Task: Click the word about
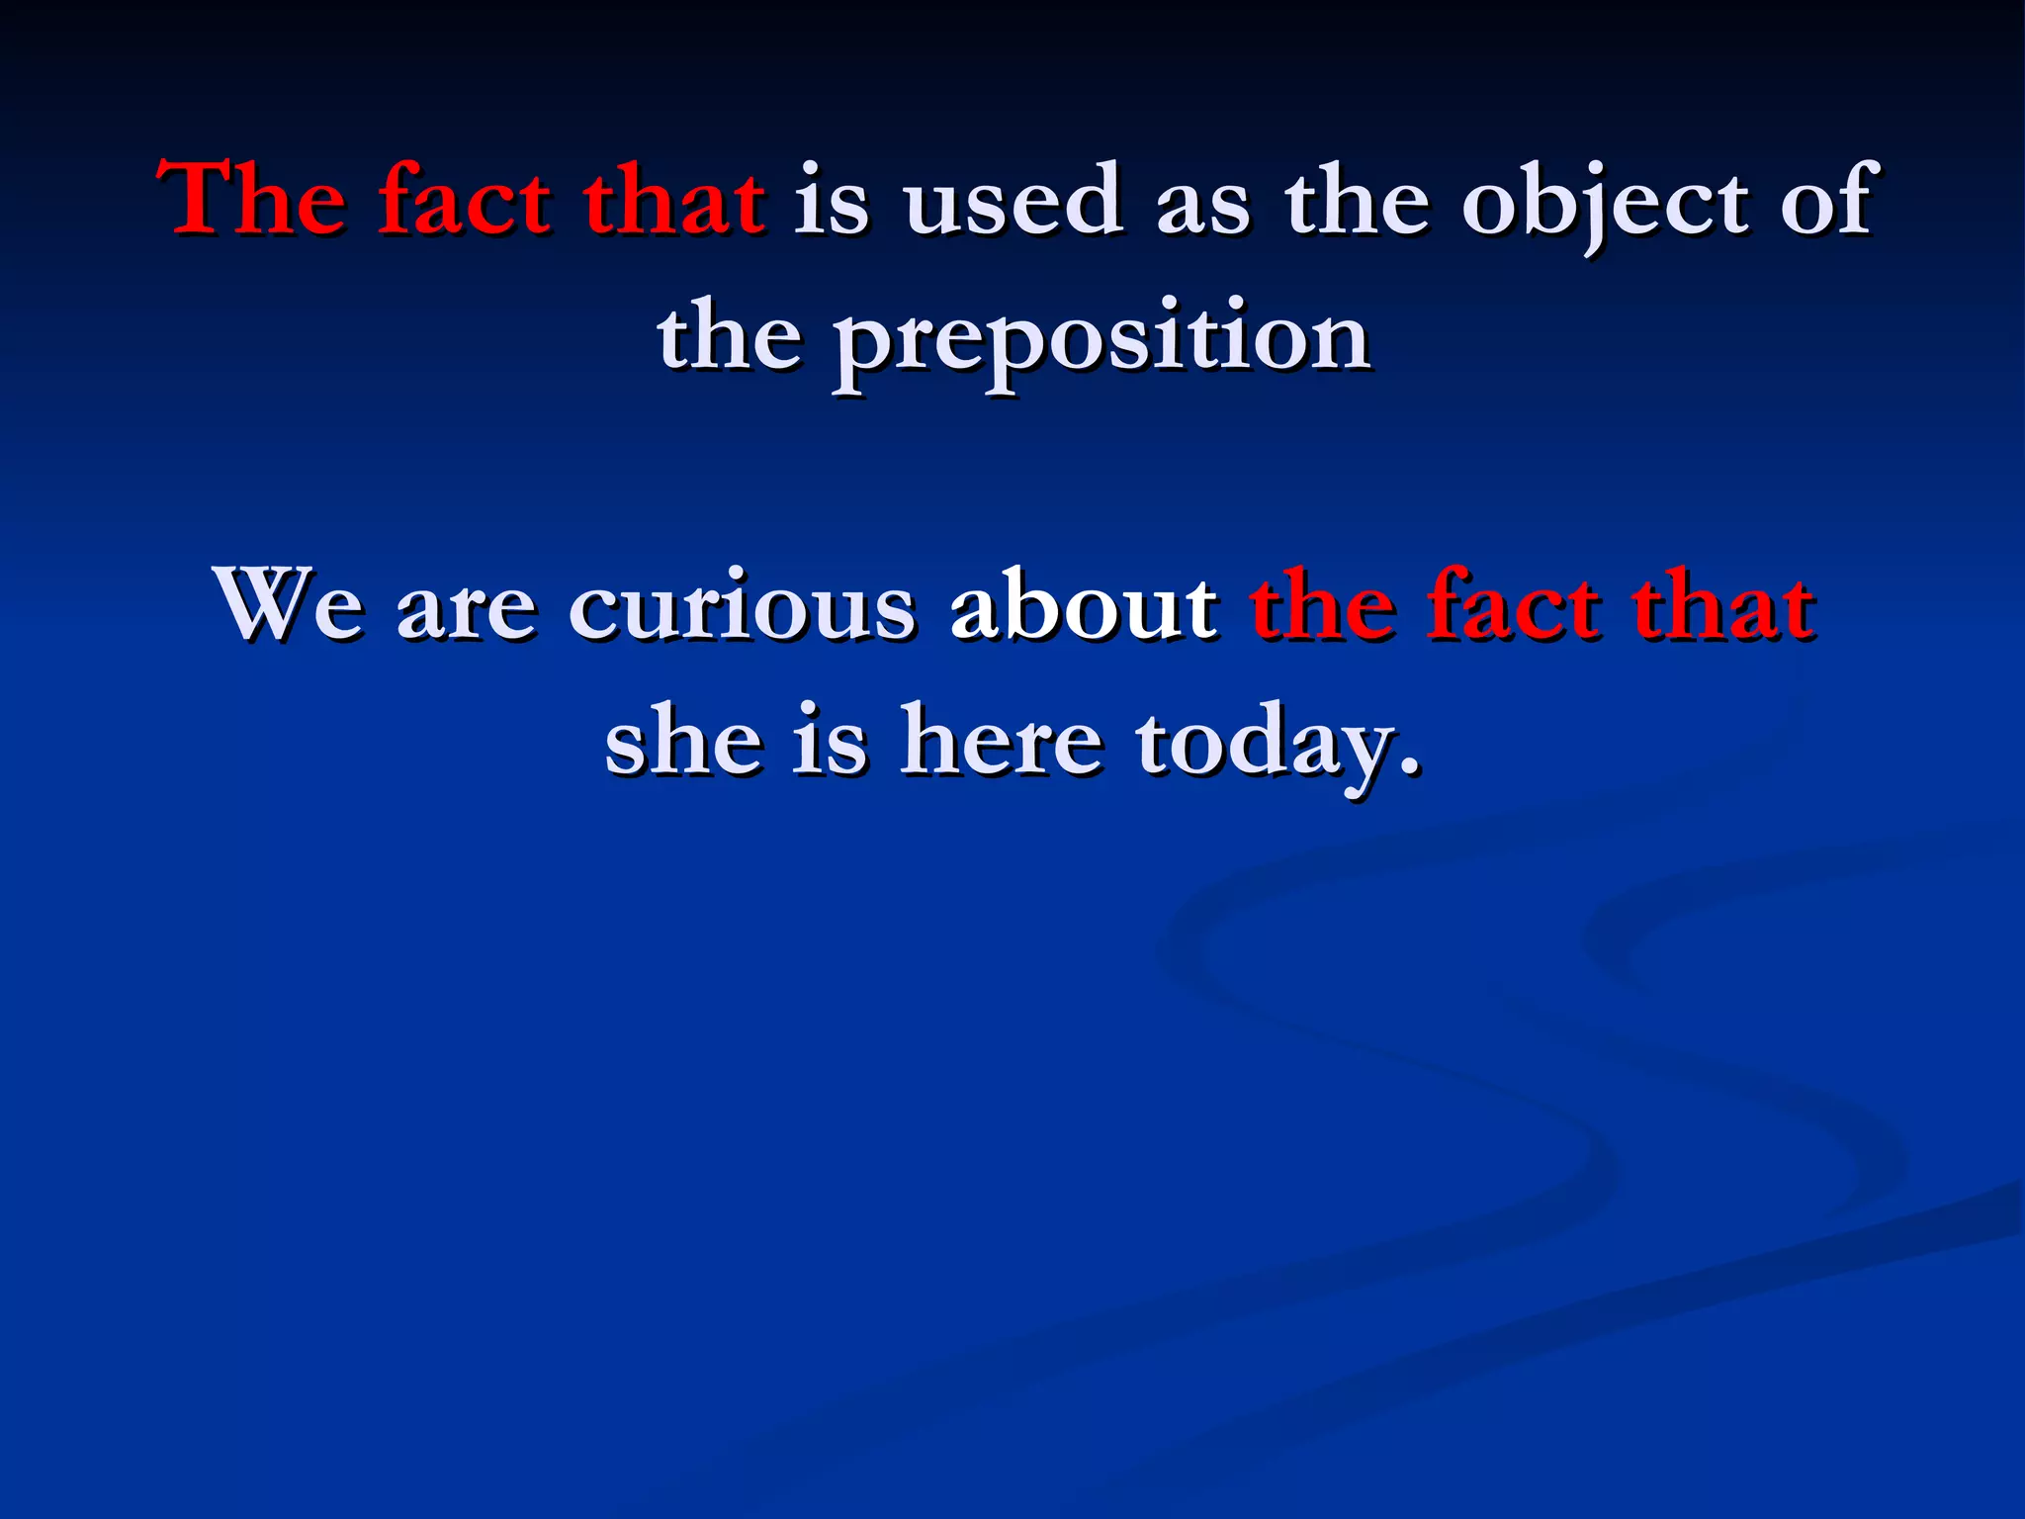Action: click(x=1083, y=604)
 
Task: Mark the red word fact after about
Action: click(x=1512, y=604)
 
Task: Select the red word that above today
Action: click(x=1722, y=604)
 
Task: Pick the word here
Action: click(x=1001, y=741)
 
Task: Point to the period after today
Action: click(x=1411, y=766)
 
